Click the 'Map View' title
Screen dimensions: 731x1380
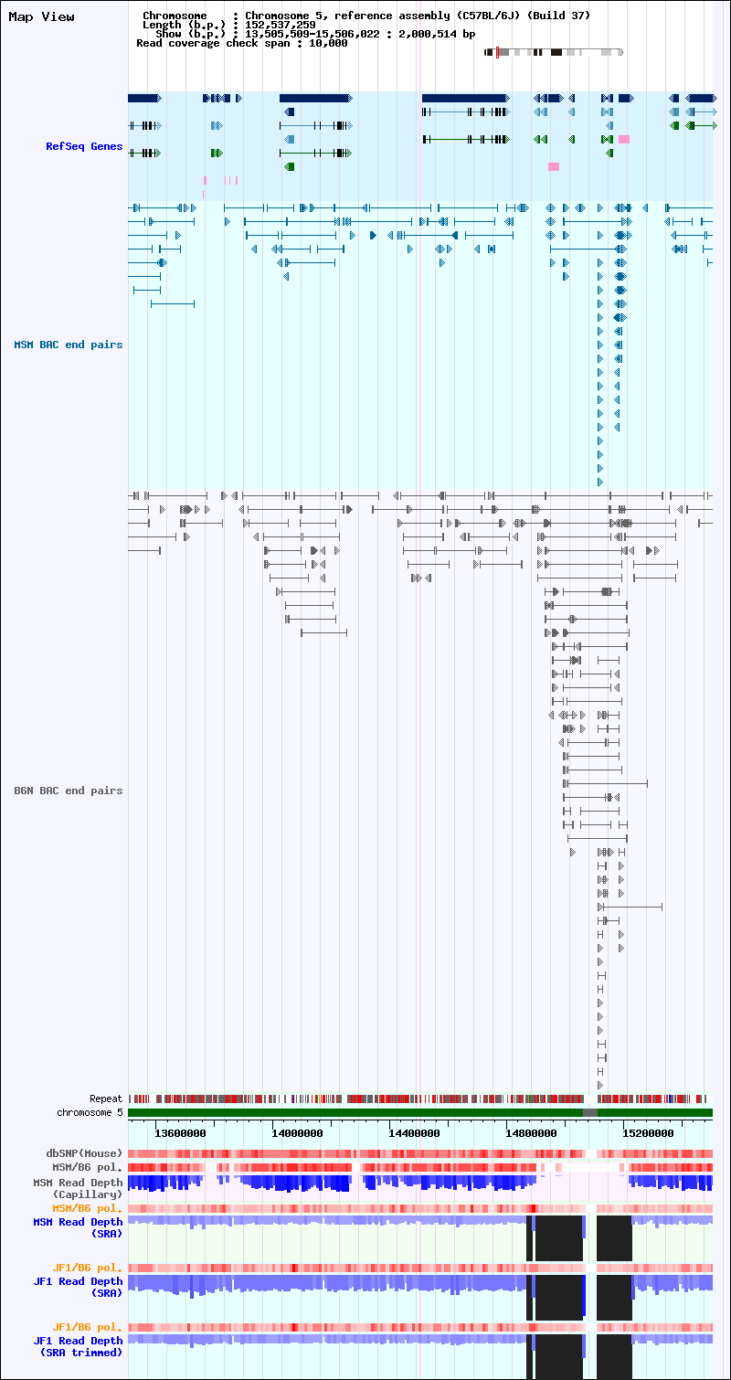tap(41, 16)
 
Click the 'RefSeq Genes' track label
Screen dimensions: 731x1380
tap(84, 146)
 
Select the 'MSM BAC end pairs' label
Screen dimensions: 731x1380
tap(69, 345)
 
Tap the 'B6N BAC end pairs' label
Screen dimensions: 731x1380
tap(69, 791)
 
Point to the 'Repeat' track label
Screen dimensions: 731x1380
tap(106, 1099)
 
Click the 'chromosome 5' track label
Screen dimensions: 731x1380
tap(90, 1112)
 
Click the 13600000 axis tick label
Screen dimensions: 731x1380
tap(180, 1133)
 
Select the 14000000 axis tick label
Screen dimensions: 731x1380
tap(297, 1133)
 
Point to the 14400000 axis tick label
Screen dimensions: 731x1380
tap(414, 1133)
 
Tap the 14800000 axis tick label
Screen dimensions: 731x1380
tap(531, 1133)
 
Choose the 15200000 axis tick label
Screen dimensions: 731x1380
tap(648, 1133)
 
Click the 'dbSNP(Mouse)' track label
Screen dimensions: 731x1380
tap(84, 1153)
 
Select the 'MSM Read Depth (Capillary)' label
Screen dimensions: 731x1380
tap(78, 1188)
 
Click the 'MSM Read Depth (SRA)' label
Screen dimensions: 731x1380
tap(78, 1227)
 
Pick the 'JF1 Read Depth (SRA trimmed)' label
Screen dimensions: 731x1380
tap(78, 1347)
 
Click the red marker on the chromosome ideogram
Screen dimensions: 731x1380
tap(497, 52)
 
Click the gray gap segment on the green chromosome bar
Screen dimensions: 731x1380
tap(590, 1112)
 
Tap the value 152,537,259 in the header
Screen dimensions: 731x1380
tap(281, 25)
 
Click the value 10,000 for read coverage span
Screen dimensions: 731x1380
tap(328, 43)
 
